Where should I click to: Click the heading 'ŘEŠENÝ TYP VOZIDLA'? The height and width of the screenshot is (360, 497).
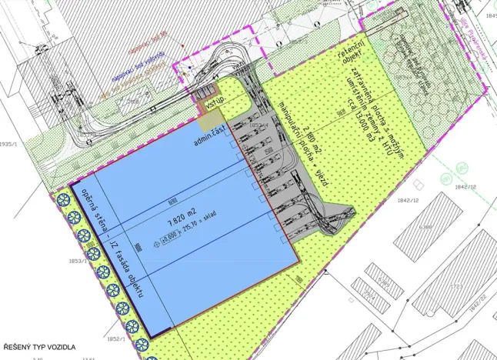point(40,348)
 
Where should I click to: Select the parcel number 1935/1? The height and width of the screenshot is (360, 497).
point(8,144)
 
